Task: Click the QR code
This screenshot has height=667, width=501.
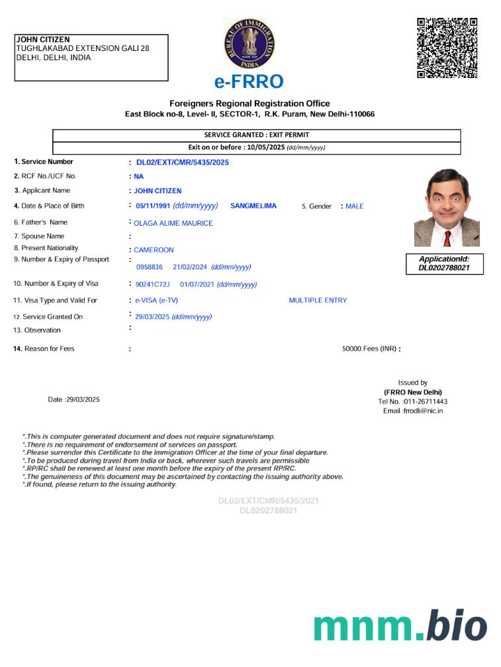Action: (447, 48)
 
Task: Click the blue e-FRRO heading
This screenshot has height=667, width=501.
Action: (249, 81)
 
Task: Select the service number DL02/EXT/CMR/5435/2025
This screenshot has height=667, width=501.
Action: (182, 162)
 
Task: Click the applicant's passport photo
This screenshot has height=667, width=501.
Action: (447, 207)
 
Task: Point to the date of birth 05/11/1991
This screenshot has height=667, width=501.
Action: (154, 206)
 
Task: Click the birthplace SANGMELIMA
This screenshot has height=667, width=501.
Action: (253, 206)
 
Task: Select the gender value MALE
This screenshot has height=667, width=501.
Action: (355, 206)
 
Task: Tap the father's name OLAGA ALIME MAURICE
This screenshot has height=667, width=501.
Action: (173, 223)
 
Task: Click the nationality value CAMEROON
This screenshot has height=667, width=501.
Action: (154, 250)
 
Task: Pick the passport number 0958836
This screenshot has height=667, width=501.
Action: (149, 267)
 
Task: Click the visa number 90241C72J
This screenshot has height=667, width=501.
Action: (152, 285)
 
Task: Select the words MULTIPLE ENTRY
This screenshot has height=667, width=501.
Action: (318, 300)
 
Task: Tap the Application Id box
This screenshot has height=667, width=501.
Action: (444, 263)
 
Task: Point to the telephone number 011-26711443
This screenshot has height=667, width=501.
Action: (425, 402)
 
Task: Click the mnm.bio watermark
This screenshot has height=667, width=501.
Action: (400, 627)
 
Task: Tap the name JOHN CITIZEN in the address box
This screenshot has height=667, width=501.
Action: (42, 40)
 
